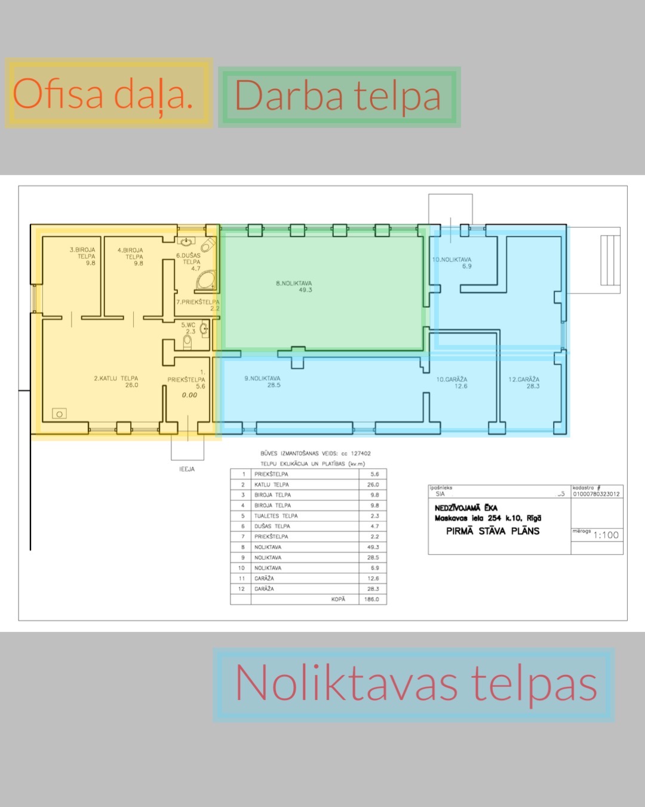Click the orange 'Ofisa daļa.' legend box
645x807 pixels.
pos(109,93)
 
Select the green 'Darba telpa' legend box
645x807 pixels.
pos(339,97)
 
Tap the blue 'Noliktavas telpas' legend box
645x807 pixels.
pos(414,684)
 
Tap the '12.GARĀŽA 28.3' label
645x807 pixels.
pos(524,383)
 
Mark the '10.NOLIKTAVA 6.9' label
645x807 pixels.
pos(452,263)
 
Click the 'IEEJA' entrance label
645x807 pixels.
pos(187,469)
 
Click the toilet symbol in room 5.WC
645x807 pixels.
pos(188,341)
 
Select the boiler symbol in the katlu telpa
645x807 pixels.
pos(59,414)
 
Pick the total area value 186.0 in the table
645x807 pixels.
pos(371,599)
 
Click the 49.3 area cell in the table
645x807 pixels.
pos(373,547)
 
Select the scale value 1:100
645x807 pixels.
pos(606,535)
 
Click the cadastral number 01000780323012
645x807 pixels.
pos(597,494)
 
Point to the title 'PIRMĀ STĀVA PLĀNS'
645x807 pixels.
pos(493,531)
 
